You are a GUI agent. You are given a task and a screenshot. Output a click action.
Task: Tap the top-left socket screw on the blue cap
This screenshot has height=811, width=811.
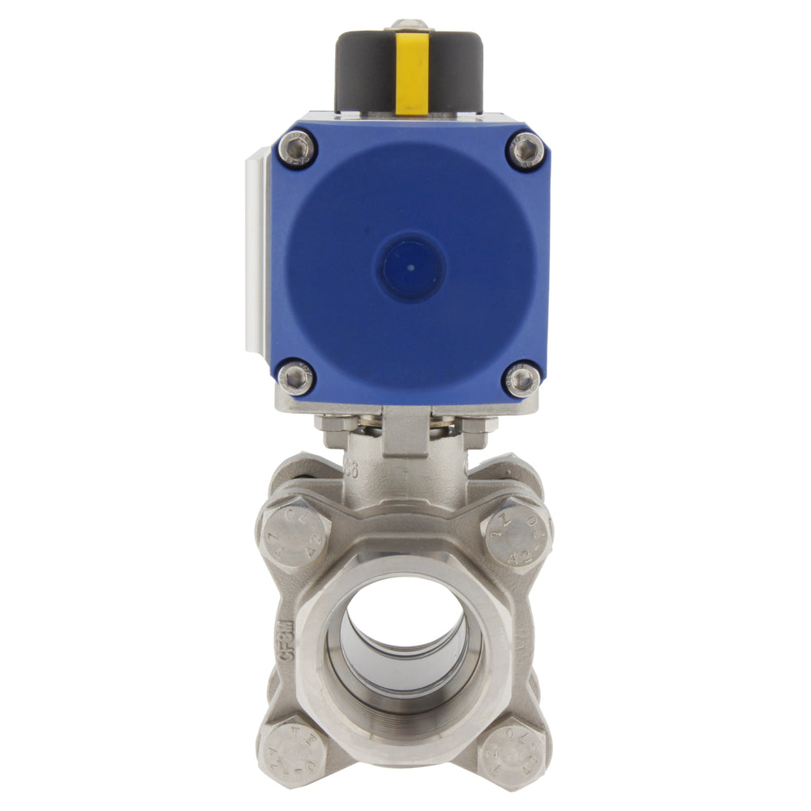296,148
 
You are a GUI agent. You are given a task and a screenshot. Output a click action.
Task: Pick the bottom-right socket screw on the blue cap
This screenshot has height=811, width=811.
522,379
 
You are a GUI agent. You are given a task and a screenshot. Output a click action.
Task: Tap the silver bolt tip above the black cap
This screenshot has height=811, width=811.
410,25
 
